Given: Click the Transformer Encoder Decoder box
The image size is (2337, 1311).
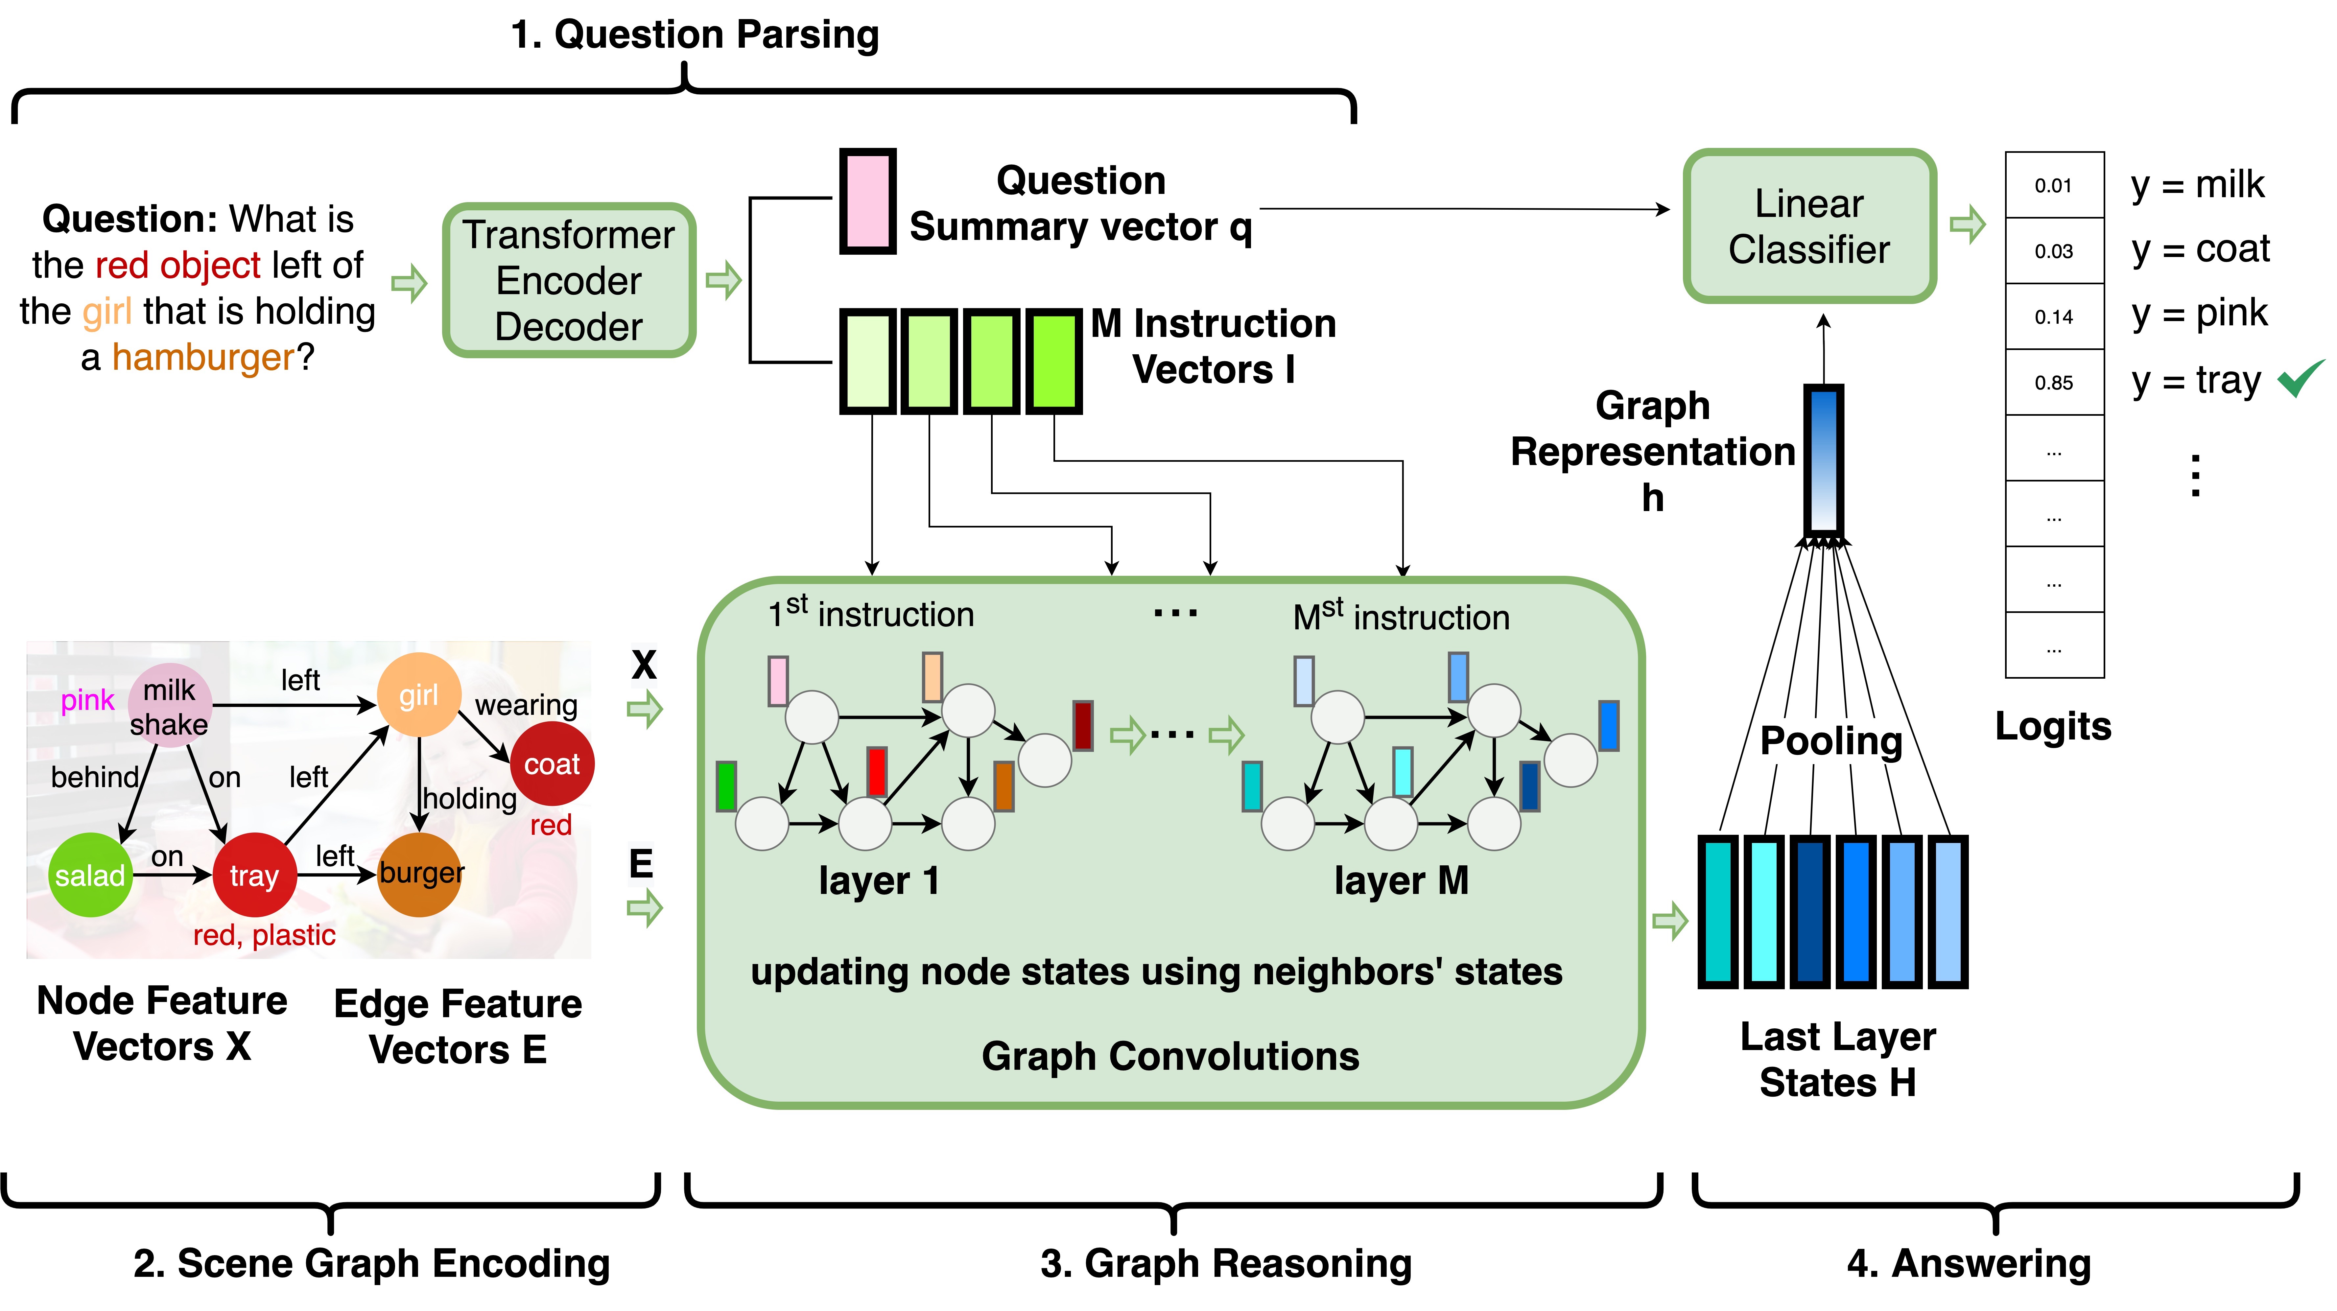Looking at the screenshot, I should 569,280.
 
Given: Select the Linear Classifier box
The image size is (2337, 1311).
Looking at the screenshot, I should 1809,226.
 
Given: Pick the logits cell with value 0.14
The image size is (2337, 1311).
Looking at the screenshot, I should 2054,316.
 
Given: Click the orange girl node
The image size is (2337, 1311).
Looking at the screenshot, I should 418,695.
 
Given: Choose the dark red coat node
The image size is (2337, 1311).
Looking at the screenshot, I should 552,764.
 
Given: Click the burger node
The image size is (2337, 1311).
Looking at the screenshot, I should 420,874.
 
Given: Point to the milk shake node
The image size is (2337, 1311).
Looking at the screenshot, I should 170,706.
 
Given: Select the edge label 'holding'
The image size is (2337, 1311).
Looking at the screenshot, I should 470,798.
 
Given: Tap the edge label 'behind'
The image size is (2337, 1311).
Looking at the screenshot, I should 94,778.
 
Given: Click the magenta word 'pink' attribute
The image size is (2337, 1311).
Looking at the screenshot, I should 87,700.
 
